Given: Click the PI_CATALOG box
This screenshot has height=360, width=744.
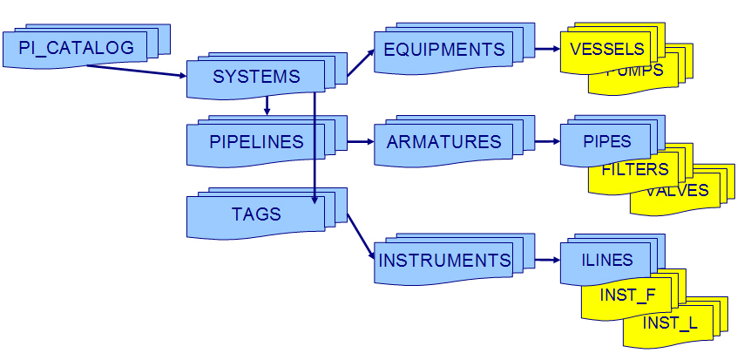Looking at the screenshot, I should pos(76,48).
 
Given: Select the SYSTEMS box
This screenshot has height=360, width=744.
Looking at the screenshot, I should pos(256,77).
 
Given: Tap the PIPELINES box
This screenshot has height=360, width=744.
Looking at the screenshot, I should pos(256,142).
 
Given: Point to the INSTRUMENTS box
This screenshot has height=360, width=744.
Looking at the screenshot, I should pos(444,261).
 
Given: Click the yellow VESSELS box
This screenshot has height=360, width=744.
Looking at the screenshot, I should pos(606,49).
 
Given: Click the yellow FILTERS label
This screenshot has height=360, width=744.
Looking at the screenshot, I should pos(635,169).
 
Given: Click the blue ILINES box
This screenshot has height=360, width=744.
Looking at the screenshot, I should pos(606,260).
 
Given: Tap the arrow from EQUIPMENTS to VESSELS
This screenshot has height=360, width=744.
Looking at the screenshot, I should pos(545,49).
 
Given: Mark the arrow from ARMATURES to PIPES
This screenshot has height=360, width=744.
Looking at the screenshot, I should pos(545,141).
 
